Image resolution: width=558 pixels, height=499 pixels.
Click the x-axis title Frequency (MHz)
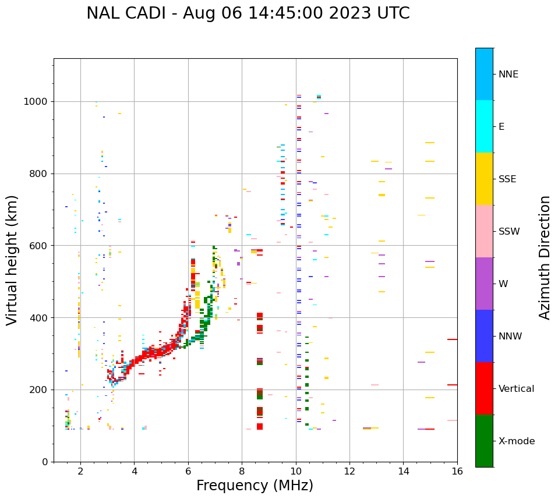coord(255,486)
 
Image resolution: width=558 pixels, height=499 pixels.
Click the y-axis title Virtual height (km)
coord(12,260)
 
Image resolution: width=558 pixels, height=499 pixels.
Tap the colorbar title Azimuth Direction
coord(545,257)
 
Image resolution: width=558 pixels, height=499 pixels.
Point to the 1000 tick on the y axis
coord(38,101)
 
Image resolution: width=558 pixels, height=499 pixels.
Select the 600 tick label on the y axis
coord(41,246)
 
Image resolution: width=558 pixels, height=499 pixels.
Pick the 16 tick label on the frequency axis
coord(457,471)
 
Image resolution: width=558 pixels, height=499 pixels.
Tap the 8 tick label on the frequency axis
coord(242,471)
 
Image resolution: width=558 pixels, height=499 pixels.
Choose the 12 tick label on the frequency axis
coord(349,471)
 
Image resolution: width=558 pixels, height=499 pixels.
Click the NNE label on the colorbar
coord(508,75)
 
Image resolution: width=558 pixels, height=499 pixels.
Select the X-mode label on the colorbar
coord(516,441)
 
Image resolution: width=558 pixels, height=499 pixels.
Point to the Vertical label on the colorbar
coord(516,389)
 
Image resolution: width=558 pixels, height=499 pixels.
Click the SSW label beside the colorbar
coord(509,232)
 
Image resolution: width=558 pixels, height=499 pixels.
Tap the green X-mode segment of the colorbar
coord(484,441)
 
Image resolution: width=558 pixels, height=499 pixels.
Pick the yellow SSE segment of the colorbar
coord(484,179)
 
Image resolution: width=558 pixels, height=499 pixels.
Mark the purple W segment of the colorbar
coord(484,284)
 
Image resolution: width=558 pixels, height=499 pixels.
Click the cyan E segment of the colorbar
coord(484,126)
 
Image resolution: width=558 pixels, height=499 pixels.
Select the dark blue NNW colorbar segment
coord(484,336)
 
